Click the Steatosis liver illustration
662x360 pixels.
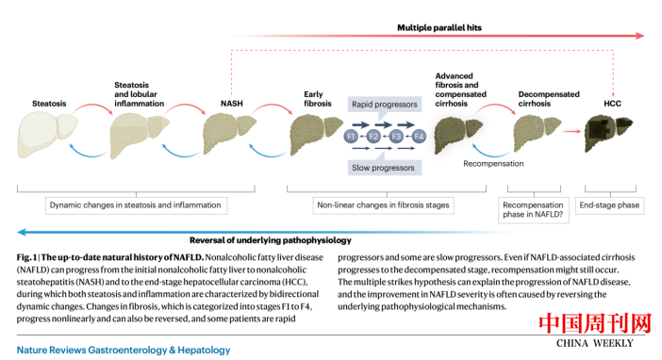[47, 133]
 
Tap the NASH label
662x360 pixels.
[232, 104]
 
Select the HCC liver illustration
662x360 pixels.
[608, 133]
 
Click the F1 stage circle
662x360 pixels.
[351, 137]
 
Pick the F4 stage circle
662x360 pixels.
[419, 137]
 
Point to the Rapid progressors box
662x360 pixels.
[385, 105]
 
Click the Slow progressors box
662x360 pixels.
[384, 168]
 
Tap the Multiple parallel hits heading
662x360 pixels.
[439, 28]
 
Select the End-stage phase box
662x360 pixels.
[609, 205]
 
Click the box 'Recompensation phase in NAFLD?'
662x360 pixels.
[533, 210]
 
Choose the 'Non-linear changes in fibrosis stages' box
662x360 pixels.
[384, 205]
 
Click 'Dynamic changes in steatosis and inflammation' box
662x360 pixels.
[136, 205]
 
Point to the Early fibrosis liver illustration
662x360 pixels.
[316, 134]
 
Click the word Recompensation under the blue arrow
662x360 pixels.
[493, 164]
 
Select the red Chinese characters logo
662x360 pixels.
[595, 323]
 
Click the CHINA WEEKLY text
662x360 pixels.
[595, 343]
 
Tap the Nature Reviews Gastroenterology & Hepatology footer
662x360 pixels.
[124, 350]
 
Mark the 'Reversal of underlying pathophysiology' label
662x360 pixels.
[271, 240]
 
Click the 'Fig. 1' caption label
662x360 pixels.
[26, 257]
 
